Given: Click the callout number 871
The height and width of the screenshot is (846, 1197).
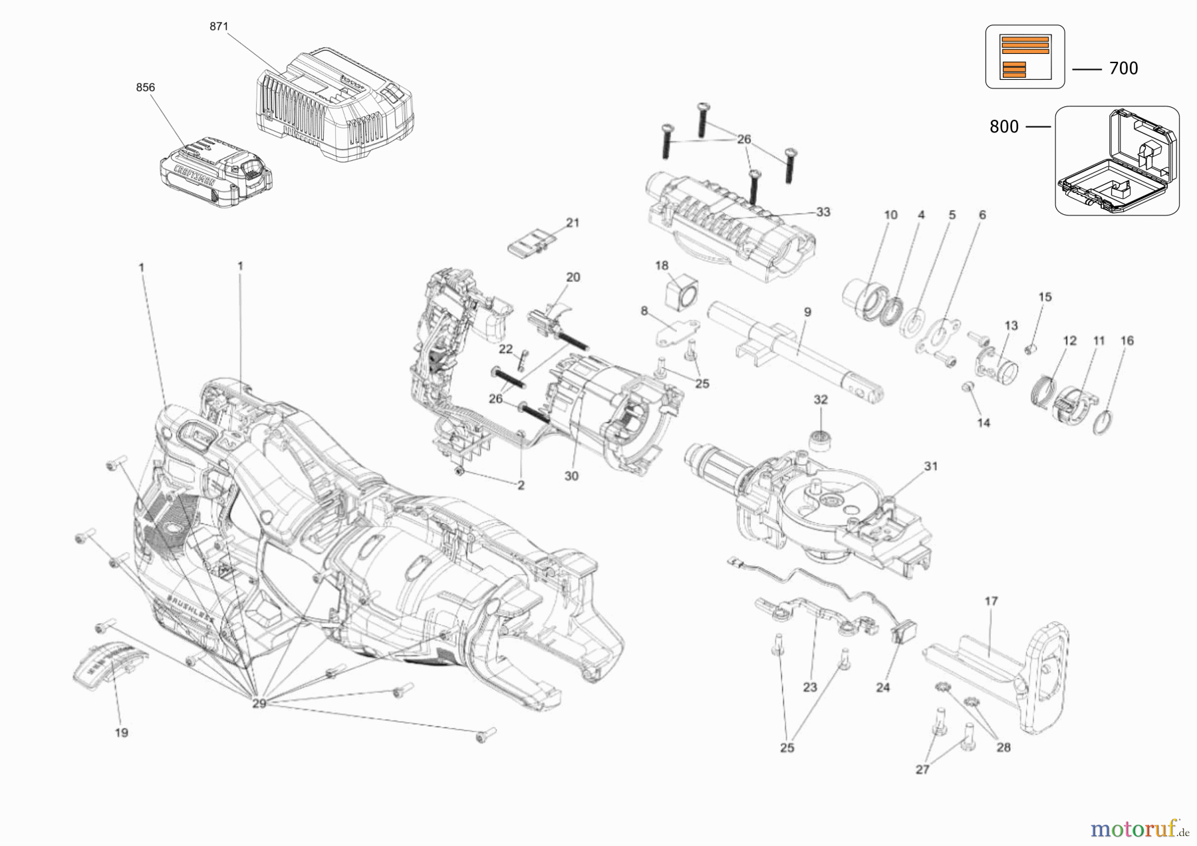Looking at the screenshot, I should tap(219, 27).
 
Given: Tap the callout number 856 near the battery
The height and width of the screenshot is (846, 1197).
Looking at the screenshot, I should tap(145, 87).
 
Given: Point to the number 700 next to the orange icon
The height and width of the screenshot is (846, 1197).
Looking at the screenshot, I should tap(1123, 69).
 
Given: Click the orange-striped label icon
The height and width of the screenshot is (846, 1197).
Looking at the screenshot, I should tap(1024, 57).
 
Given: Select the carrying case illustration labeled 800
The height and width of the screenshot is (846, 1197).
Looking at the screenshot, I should tap(1117, 161).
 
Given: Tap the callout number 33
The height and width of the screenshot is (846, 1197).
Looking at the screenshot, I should tap(823, 212).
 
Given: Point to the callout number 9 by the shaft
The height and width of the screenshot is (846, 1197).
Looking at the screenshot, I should tap(807, 311).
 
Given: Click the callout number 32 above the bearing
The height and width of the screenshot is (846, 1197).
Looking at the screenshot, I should tap(821, 400).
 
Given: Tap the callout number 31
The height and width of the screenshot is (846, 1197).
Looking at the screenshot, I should tap(930, 466).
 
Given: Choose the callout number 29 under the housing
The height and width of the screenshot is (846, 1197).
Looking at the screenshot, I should tap(259, 703).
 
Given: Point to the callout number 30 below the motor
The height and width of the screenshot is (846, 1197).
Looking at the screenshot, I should tap(571, 476).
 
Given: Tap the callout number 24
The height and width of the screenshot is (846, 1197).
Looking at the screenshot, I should tap(882, 688).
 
